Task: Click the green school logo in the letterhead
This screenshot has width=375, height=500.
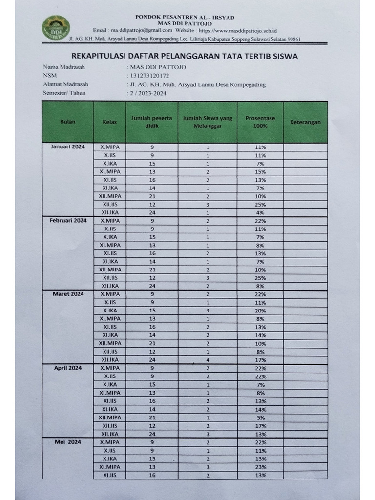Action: [56, 28]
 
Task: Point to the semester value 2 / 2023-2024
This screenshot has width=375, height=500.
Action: [148, 93]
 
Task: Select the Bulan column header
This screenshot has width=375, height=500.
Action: [67, 122]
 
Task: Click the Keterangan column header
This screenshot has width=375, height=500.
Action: [305, 122]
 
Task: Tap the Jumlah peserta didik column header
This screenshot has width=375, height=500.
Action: [152, 122]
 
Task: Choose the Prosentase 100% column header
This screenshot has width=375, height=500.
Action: [260, 122]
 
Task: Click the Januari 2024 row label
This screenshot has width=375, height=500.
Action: [68, 146]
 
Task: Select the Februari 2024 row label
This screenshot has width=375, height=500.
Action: [68, 220]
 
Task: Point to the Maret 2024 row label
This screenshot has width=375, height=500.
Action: [68, 294]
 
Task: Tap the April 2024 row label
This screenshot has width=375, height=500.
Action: [68, 368]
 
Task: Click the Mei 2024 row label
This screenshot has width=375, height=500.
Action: [68, 442]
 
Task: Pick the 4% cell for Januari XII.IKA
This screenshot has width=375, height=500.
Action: [260, 212]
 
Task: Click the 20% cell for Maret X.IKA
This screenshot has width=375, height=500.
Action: [260, 311]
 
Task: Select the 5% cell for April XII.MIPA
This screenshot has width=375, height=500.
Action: [260, 417]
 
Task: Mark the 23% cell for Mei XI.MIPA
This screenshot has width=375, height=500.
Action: [260, 467]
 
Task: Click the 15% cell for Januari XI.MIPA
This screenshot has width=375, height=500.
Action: [260, 171]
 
